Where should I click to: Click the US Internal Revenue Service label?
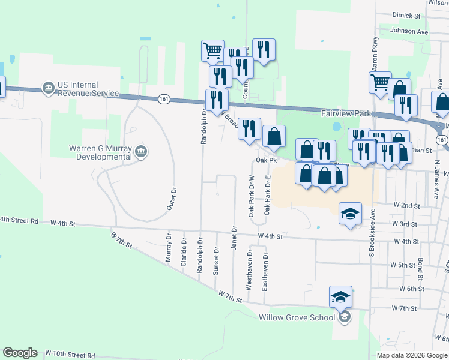(88, 89)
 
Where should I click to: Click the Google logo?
(20, 353)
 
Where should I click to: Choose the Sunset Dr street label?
(217, 262)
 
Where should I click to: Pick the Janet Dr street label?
(234, 238)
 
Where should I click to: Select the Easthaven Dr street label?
(265, 272)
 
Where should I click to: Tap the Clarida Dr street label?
(184, 251)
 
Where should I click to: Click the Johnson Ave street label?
(408, 31)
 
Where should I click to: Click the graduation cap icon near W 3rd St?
(350, 214)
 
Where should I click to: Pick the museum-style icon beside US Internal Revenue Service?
(48, 89)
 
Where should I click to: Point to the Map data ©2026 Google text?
(412, 355)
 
